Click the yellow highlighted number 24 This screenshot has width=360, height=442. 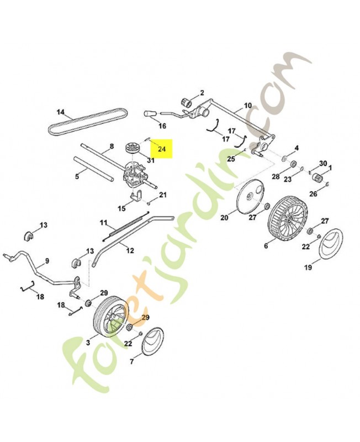coord(162,149)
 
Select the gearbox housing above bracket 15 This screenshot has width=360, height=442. coord(135,176)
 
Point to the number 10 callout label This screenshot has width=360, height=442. coord(247,106)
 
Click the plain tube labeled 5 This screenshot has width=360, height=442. coord(93,169)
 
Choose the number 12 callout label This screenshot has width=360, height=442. coord(130,251)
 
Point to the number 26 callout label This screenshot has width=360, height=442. coord(313,194)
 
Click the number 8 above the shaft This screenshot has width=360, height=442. coord(112,146)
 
